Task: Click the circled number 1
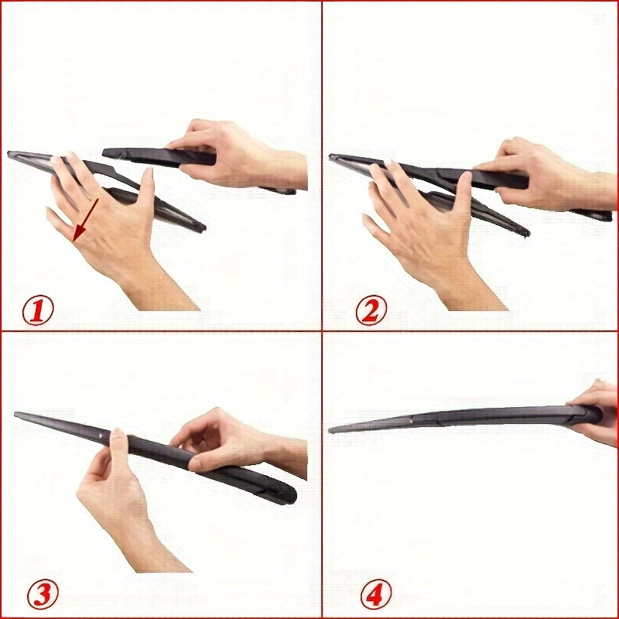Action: pos(37,311)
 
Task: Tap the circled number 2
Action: pos(371,311)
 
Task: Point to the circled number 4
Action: pos(375,594)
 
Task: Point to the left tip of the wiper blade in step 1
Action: pos(10,154)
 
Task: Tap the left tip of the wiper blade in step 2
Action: pos(332,158)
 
